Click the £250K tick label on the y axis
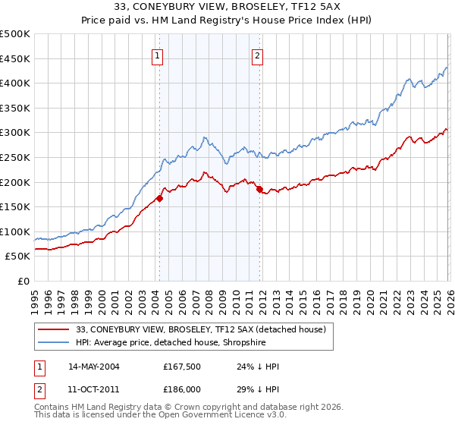(x=15, y=157)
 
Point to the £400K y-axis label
(x=15, y=83)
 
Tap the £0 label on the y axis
(x=24, y=281)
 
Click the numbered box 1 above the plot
(x=157, y=55)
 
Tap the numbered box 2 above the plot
(x=258, y=55)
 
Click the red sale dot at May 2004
(x=159, y=199)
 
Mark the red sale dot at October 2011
(x=259, y=189)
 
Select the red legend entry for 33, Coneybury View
(x=201, y=329)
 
